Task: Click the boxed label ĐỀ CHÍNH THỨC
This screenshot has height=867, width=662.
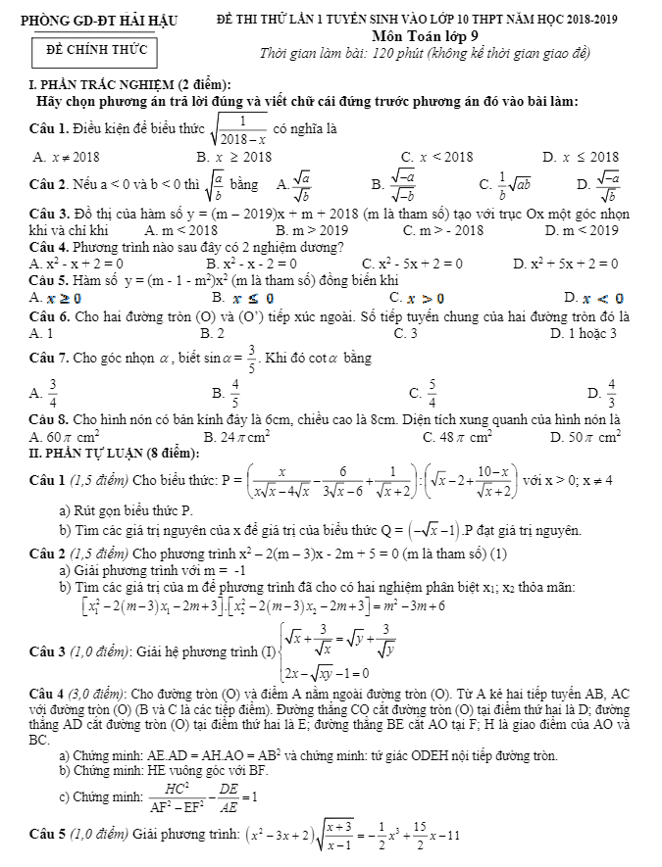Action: coord(90,49)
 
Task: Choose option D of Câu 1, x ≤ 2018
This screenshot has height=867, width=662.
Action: coord(581,156)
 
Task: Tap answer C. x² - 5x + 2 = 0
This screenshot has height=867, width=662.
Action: coord(412,264)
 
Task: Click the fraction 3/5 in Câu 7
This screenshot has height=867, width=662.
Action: coord(251,359)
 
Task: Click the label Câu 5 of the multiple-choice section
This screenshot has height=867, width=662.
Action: coord(49,281)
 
